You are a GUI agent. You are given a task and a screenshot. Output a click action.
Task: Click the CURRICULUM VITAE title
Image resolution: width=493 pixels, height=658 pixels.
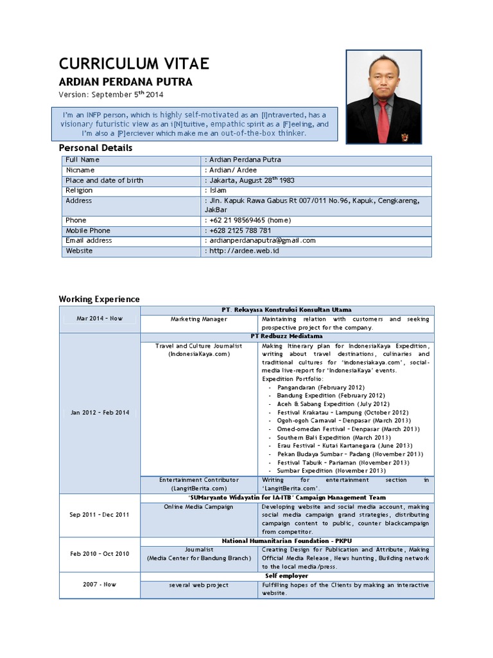[134, 63]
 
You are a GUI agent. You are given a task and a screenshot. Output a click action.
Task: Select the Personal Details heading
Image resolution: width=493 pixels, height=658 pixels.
[96, 148]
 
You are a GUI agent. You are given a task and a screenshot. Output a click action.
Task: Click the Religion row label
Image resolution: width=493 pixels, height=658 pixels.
[79, 190]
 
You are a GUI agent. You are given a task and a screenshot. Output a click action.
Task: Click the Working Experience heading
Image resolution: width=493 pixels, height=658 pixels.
[99, 299]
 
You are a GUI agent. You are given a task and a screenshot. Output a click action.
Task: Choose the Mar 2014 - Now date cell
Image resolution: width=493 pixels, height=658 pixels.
[99, 319]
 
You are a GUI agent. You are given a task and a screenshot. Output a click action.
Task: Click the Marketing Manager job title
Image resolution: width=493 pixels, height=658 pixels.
[198, 319]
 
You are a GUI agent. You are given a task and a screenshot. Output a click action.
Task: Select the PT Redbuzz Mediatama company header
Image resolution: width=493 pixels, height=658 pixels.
[286, 336]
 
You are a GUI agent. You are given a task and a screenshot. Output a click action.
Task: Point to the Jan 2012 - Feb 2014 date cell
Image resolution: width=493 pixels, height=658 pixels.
[99, 413]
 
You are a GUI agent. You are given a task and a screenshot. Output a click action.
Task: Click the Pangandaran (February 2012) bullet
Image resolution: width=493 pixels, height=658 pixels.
[320, 387]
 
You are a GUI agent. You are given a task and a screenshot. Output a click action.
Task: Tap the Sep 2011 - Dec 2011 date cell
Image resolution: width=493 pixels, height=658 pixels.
[99, 515]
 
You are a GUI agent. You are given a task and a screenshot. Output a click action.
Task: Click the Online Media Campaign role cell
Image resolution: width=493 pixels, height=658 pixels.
[198, 506]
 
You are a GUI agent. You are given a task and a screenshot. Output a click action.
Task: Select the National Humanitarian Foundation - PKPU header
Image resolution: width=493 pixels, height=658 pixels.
[286, 541]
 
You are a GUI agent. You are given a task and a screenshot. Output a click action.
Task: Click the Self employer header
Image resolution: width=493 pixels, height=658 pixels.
[286, 576]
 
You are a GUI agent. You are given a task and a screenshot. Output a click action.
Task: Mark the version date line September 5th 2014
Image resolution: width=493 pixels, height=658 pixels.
[111, 94]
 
